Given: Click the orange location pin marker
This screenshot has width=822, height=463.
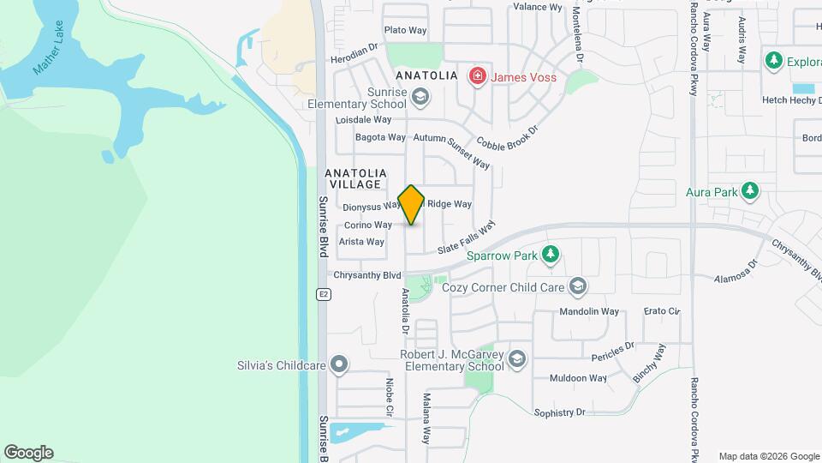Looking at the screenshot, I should click(x=411, y=205).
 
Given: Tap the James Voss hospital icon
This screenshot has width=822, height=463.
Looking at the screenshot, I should click(x=477, y=77).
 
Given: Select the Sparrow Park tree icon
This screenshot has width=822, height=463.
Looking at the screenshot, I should click(x=550, y=255).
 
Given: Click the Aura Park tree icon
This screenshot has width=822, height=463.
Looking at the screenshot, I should click(x=750, y=190).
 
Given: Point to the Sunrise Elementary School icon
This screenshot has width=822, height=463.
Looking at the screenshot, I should click(x=420, y=98).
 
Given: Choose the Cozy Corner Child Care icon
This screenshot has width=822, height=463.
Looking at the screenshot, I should click(x=578, y=286).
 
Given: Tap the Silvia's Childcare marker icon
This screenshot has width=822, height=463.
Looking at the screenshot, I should click(x=340, y=365).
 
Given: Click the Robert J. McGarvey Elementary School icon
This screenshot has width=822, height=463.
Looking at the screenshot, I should click(x=516, y=359).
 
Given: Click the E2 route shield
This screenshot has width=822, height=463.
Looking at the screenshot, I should click(x=323, y=294).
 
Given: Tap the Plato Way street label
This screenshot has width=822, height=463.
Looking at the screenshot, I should click(x=405, y=30).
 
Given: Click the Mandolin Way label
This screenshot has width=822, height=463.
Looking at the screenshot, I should click(x=588, y=311).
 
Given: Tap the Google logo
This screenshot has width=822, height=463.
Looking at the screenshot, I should click(x=28, y=452).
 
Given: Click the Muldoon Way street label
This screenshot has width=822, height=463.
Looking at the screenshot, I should click(x=578, y=377).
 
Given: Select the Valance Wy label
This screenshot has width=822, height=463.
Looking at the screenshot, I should click(x=537, y=7).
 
